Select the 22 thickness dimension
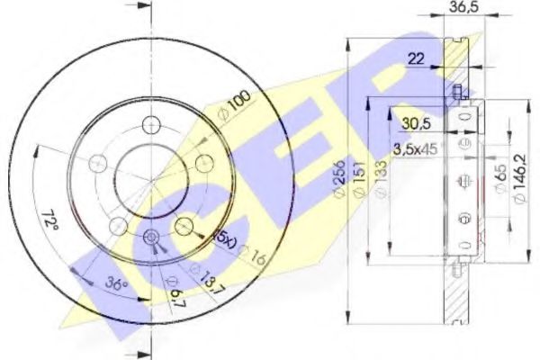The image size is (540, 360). point(416,58)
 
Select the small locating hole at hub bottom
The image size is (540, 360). point(151,238)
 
